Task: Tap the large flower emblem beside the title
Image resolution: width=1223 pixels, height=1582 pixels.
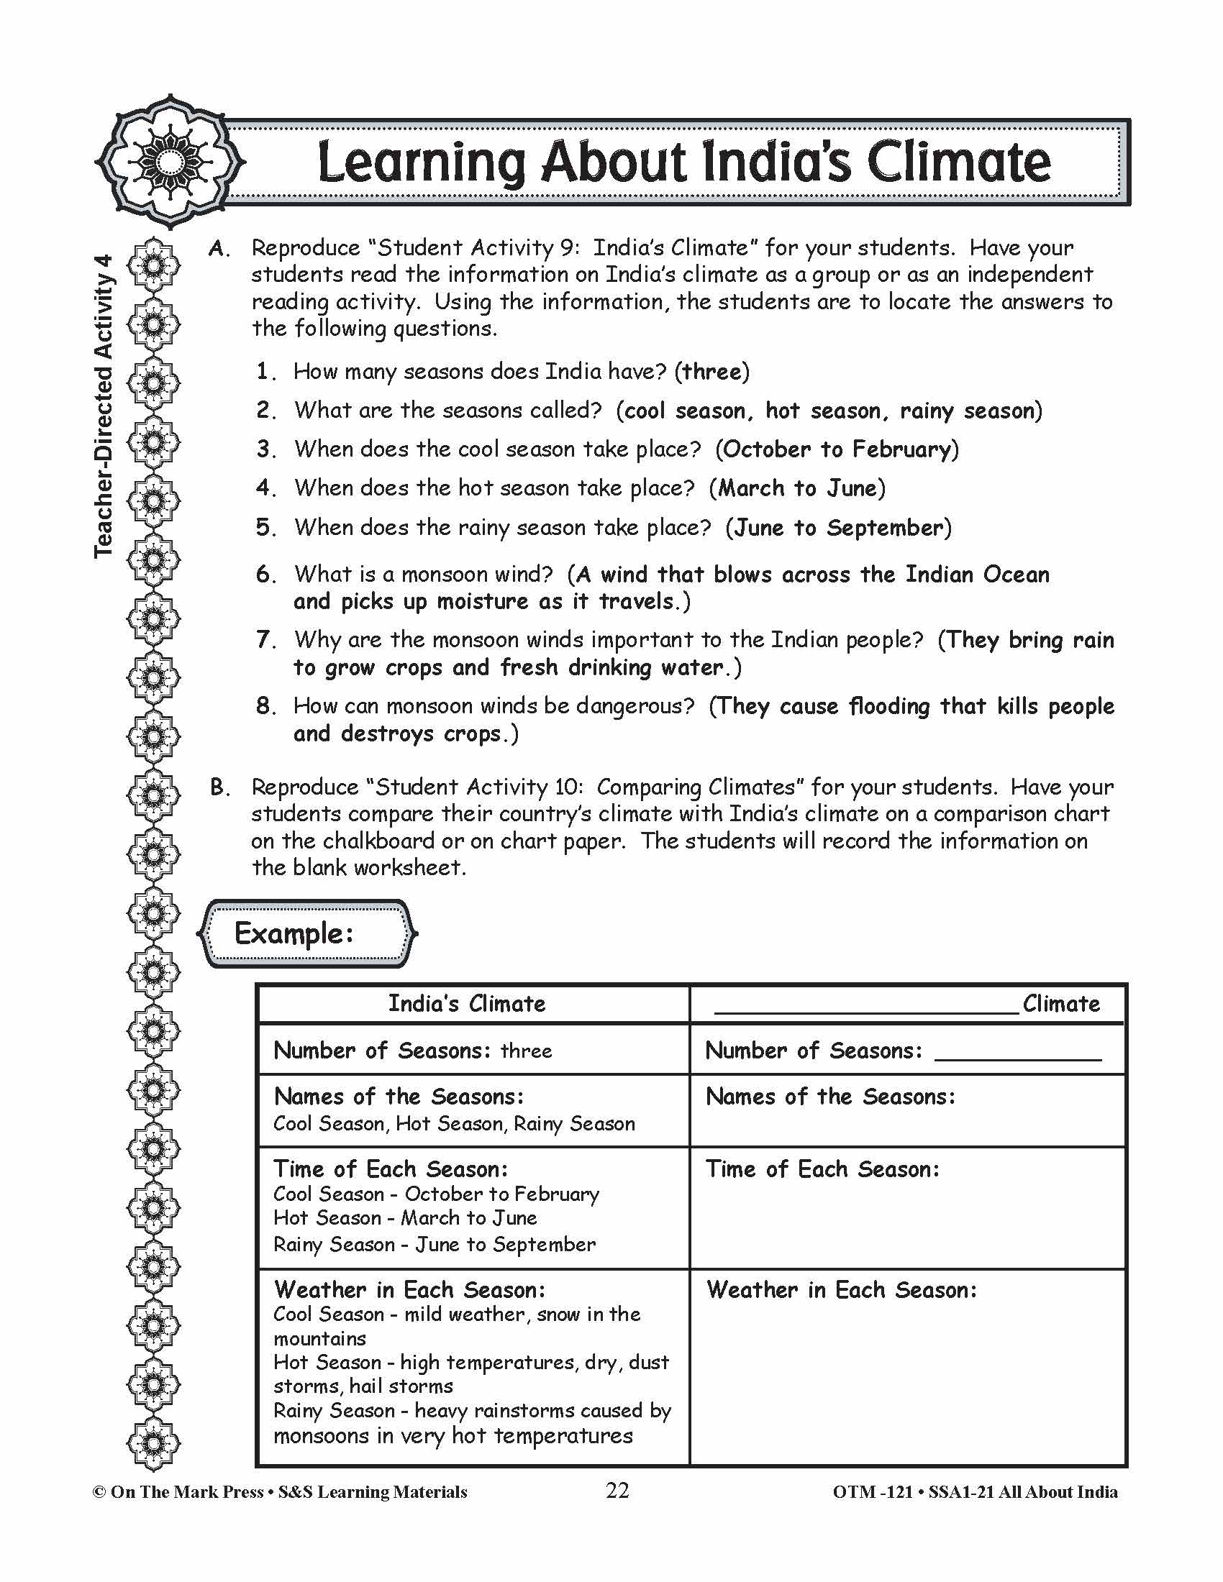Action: coord(170,161)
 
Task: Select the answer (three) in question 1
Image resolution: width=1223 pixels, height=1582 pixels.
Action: coord(712,372)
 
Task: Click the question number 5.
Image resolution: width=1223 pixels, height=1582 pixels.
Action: coord(265,527)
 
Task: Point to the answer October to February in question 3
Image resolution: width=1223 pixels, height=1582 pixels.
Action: coord(837,449)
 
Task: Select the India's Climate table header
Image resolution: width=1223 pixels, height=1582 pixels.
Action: coord(467,1003)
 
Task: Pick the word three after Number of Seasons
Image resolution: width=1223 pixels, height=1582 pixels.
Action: coord(526,1051)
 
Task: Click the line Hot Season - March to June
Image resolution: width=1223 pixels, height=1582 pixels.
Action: coord(405,1218)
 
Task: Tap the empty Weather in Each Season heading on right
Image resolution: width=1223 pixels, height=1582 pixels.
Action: coord(841,1290)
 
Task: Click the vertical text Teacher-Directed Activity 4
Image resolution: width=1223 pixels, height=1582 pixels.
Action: coord(104,406)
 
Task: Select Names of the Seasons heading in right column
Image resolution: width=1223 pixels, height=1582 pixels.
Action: coord(830,1097)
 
